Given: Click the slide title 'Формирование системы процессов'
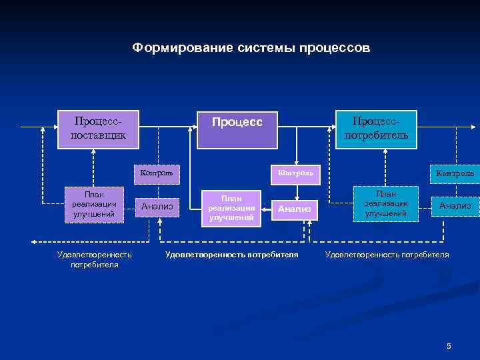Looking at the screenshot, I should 250,48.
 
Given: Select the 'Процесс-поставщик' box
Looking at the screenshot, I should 98,129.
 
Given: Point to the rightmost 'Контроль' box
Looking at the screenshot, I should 455,174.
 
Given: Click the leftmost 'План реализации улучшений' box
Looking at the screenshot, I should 94,204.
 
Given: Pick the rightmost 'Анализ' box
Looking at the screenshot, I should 455,206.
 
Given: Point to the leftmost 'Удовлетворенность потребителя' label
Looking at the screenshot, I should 94,259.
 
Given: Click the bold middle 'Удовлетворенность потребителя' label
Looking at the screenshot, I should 231,255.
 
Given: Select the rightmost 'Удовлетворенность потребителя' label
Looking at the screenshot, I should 387,255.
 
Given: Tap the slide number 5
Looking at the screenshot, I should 449,345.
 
